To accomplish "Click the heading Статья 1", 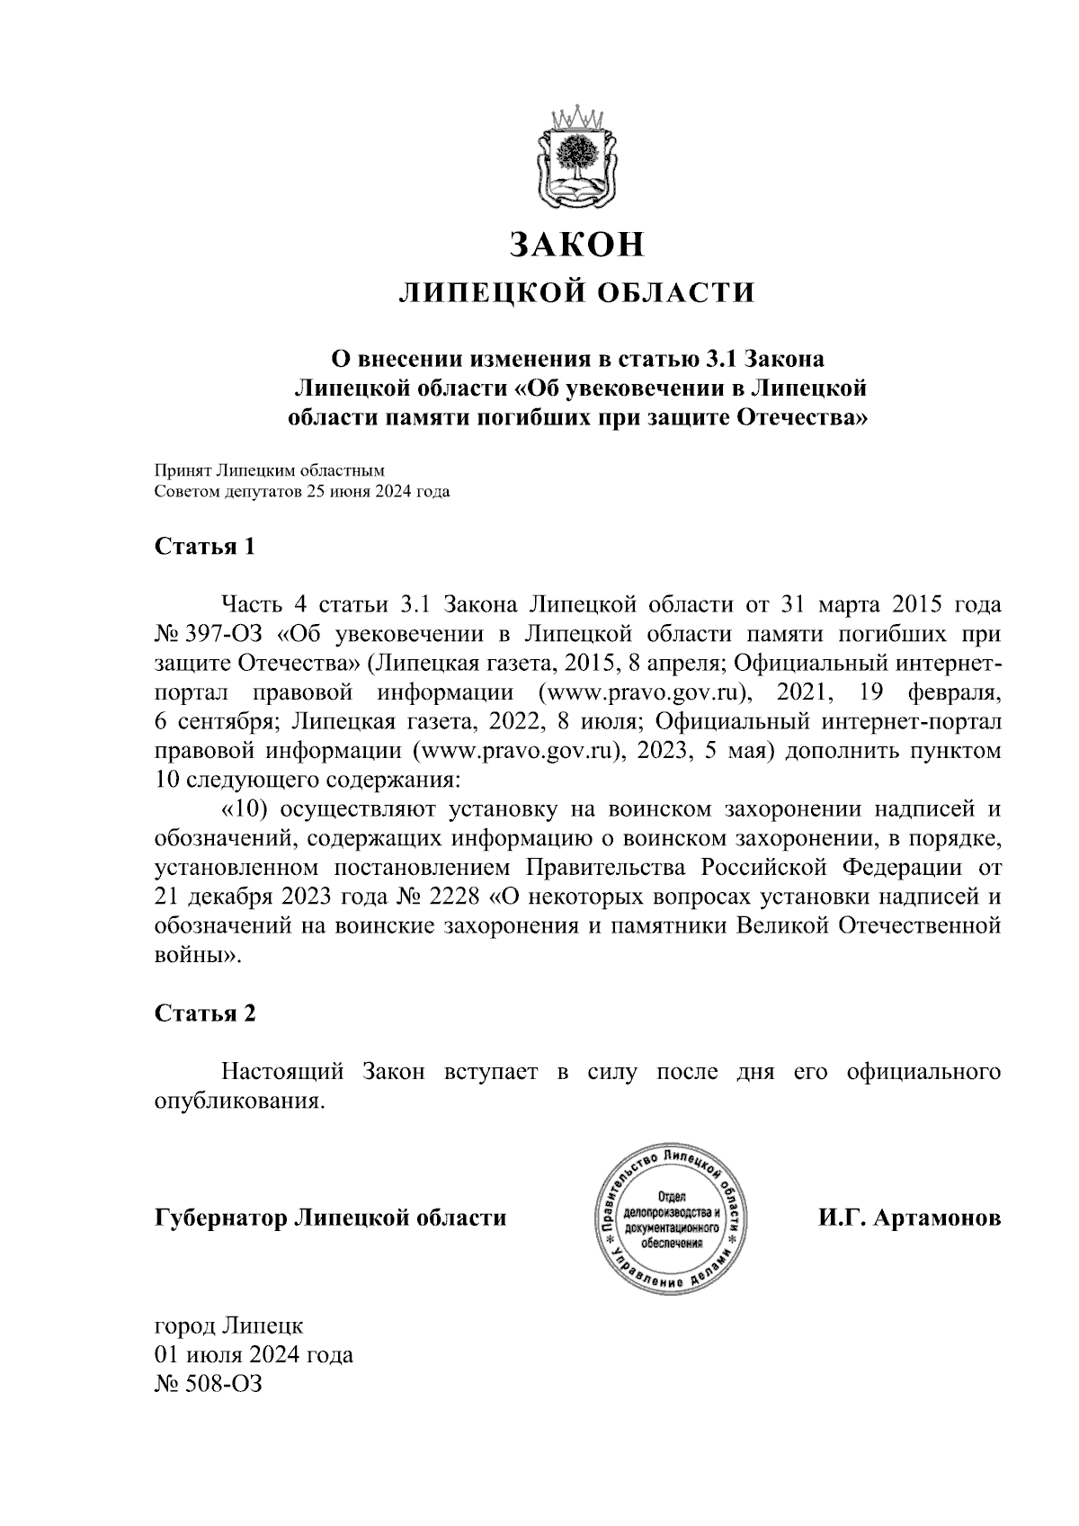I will tap(205, 547).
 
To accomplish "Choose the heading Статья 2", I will tap(205, 1013).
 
